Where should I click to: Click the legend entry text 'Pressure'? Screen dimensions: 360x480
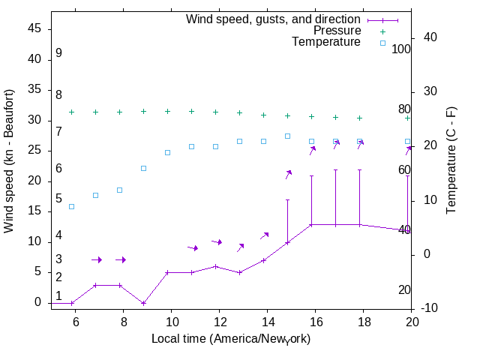pyautogui.click(x=337, y=31)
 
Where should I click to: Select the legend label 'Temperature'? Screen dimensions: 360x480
pyautogui.click(x=326, y=42)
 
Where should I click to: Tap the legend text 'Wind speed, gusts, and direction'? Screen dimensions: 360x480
pyautogui.click(x=274, y=19)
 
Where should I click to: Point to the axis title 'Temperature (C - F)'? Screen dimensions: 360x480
pyautogui.click(x=451, y=159)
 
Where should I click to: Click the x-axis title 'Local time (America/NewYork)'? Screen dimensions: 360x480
pyautogui.click(x=231, y=339)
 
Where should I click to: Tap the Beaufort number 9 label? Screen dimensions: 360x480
pyautogui.click(x=58, y=54)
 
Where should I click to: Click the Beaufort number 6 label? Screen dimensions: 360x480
pyautogui.click(x=58, y=169)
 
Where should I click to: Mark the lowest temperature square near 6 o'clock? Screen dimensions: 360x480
pyautogui.click(x=72, y=206)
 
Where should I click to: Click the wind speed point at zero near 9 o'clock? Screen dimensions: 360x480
pyautogui.click(x=143, y=303)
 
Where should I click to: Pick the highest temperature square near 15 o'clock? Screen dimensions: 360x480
pyautogui.click(x=287, y=136)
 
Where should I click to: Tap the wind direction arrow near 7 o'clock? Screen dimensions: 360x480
pyautogui.click(x=96, y=260)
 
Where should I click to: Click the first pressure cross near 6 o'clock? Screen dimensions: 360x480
pyautogui.click(x=72, y=112)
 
